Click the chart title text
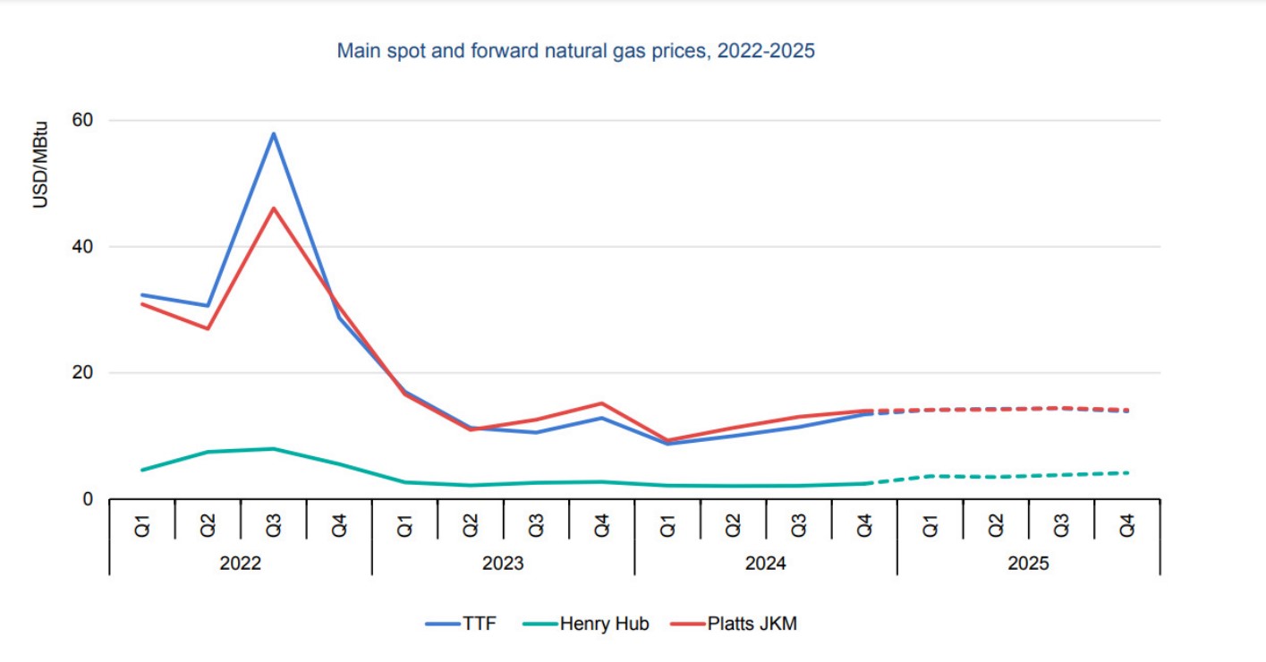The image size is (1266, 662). tap(575, 51)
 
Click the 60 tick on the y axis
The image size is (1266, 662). tap(88, 120)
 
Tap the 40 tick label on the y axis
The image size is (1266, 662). tap(88, 246)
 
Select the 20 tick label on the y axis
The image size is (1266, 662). tap(88, 372)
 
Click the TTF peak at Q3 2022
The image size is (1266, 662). tap(274, 133)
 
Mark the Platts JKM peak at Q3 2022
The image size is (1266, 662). tap(274, 208)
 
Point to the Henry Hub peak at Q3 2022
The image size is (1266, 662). tap(274, 448)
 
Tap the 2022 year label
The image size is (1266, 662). tap(241, 564)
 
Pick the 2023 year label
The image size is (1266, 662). tap(504, 564)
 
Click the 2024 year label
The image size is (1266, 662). tap(766, 564)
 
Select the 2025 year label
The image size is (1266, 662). tap(1029, 564)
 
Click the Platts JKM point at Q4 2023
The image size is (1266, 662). tap(602, 403)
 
